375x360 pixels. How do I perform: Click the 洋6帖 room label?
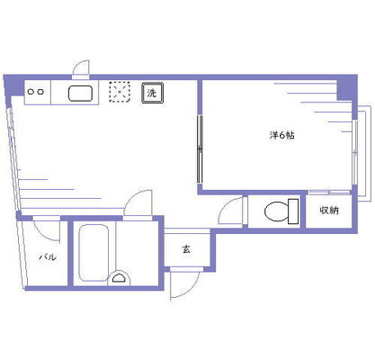tap(281, 135)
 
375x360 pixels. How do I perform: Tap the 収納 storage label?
tap(329, 211)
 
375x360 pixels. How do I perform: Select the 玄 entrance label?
tap(186, 249)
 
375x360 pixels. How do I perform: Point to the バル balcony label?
tap(48, 257)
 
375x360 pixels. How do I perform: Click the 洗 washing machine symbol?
tap(152, 93)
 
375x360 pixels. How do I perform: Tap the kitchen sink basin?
tap(80, 94)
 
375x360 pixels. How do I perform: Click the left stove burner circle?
tap(31, 92)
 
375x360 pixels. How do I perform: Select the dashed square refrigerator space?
tap(120, 92)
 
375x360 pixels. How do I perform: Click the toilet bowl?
tap(276, 211)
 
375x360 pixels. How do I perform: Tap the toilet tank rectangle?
tap(293, 211)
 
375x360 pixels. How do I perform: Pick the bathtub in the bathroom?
tap(94, 253)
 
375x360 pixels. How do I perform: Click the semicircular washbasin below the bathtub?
tap(120, 278)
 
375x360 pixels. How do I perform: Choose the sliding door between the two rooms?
tap(200, 149)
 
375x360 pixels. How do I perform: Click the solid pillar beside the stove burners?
tap(13, 85)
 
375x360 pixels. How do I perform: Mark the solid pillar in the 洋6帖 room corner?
tap(347, 90)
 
